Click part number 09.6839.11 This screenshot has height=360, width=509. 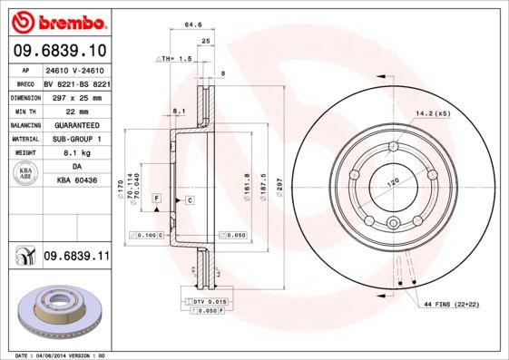coord(76,258)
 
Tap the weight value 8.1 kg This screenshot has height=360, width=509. coord(76,153)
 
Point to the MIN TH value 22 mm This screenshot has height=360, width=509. coord(76,111)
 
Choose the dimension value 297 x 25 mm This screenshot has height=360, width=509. coord(76,97)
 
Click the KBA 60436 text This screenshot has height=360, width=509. coord(76,181)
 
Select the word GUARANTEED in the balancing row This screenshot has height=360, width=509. coord(76,125)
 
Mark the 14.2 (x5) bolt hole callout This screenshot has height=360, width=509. coord(432,114)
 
